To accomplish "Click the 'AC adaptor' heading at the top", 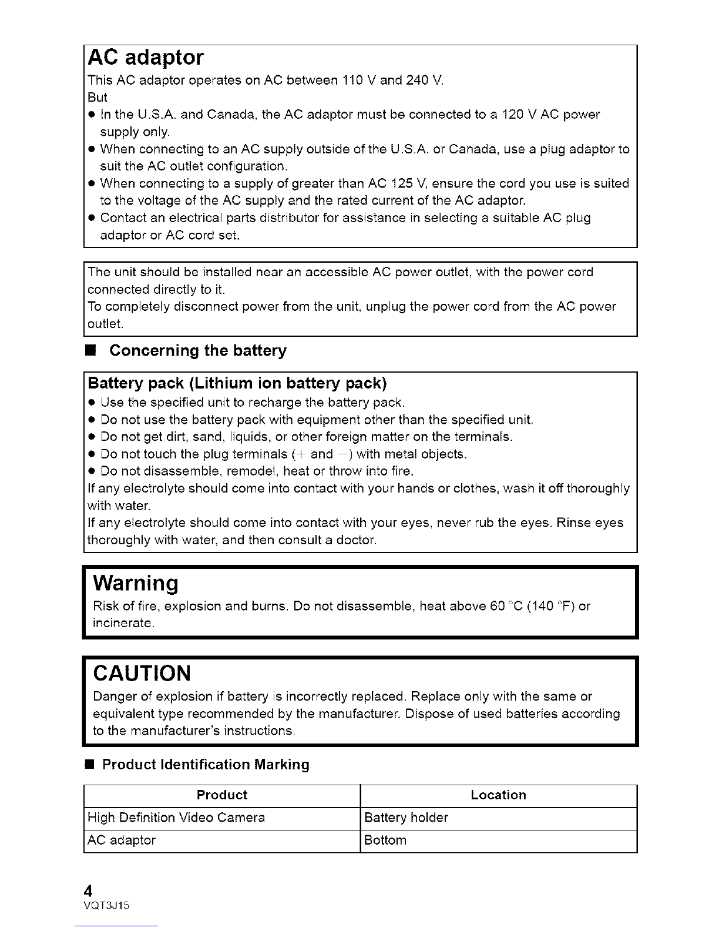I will tap(145, 58).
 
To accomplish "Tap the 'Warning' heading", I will tap(136, 582).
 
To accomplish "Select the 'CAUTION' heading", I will tap(142, 672).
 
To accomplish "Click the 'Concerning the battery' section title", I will tap(198, 351).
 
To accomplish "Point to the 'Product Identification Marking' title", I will tap(206, 765).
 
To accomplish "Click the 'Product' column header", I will tap(222, 795).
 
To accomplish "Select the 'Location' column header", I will tap(498, 795).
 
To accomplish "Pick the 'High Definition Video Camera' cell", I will tap(176, 818).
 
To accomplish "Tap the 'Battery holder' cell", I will tap(406, 818).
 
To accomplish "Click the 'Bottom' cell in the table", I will tap(385, 840).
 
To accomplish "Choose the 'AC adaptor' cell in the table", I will tap(122, 840).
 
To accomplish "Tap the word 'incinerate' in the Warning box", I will tap(123, 623).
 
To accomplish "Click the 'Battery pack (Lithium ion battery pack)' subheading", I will tap(237, 384).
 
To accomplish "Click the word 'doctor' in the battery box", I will tap(357, 540).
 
